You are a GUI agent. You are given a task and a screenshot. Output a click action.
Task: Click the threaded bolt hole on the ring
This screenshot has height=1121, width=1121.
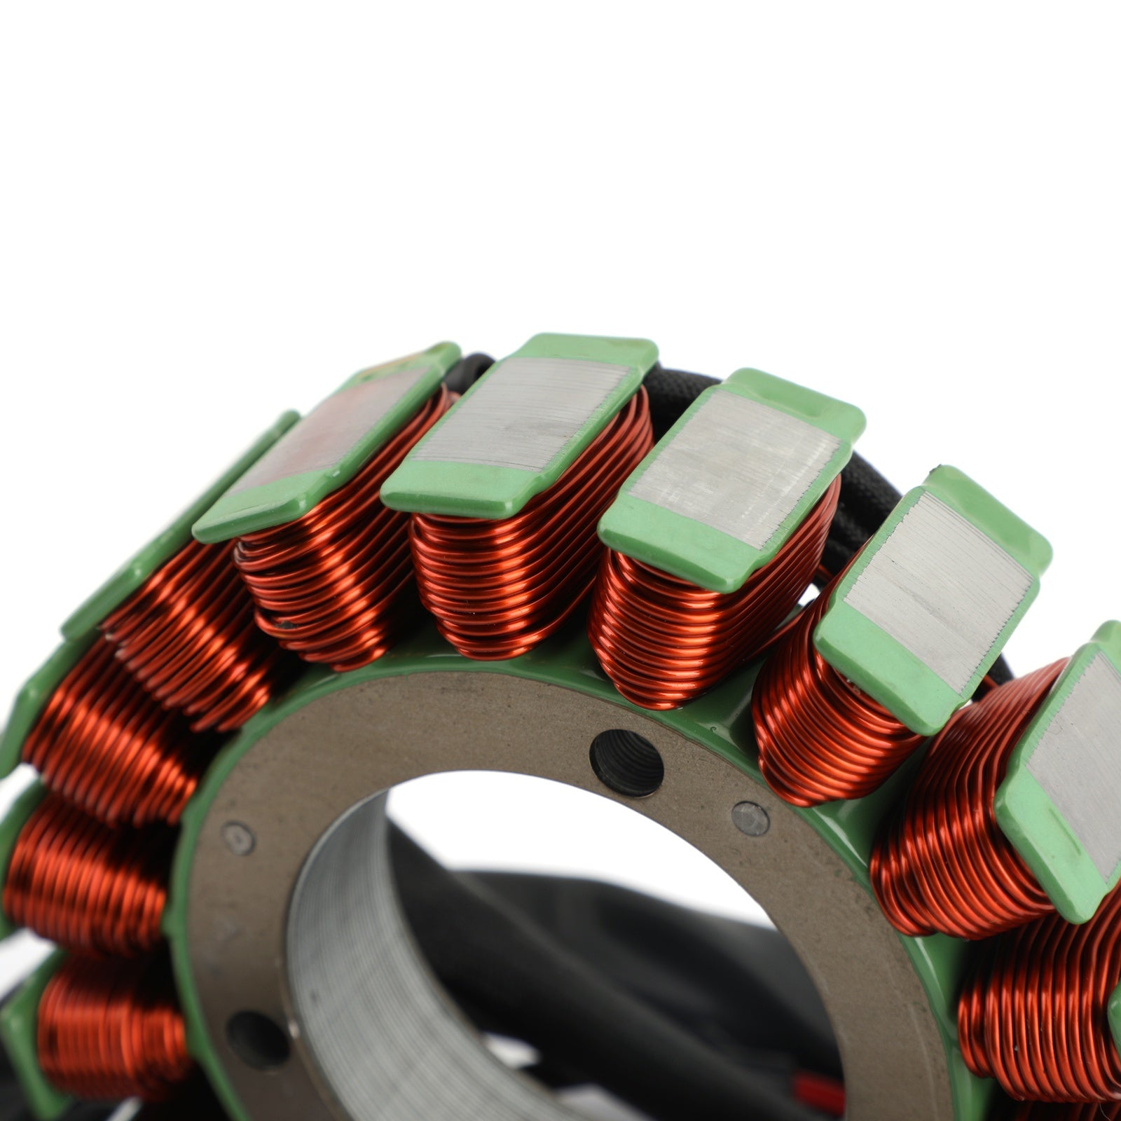(626, 763)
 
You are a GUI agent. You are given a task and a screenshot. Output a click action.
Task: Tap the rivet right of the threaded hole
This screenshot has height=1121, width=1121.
(750, 818)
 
